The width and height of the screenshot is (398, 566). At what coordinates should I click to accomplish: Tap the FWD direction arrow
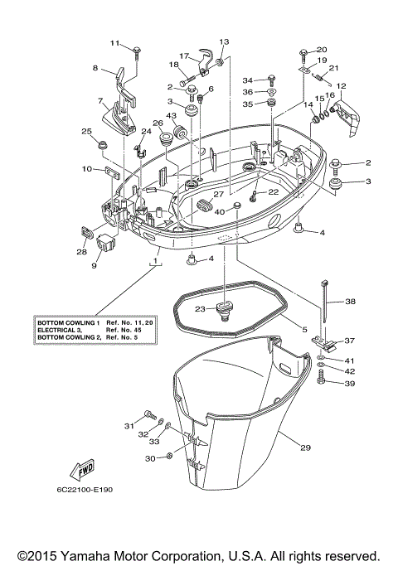pos(86,472)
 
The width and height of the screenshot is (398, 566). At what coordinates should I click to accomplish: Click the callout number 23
pos(201,308)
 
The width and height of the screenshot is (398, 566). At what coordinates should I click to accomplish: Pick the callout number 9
pos(94,266)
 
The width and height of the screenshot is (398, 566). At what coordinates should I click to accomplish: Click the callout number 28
pos(81,252)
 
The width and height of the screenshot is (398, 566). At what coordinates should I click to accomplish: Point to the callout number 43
pos(171,115)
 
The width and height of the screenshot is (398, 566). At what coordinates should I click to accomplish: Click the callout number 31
pos(129,426)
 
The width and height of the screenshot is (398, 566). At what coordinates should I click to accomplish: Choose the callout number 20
pos(322,49)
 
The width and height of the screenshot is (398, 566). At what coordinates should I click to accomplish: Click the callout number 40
pos(220,211)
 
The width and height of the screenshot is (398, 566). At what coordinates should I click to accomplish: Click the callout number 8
pos(95,68)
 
